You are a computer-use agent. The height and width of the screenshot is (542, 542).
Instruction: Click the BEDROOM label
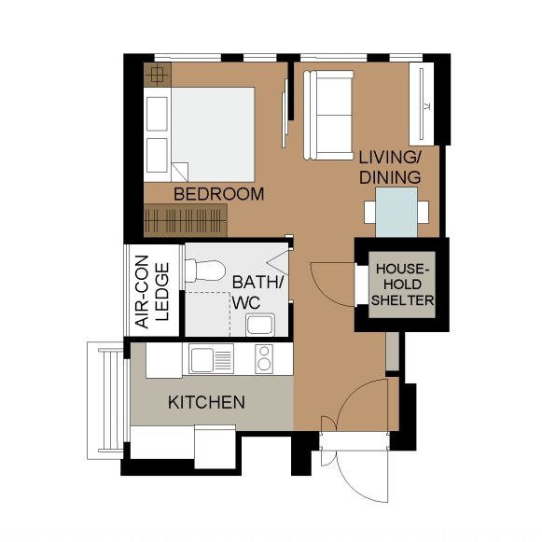click(219, 194)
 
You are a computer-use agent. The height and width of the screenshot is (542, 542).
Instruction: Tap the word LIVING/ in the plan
click(390, 158)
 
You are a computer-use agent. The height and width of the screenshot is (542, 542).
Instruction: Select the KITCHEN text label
click(207, 402)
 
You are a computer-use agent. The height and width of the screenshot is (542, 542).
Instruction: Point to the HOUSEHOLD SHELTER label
click(402, 285)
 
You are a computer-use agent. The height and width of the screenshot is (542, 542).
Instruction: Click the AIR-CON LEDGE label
click(152, 292)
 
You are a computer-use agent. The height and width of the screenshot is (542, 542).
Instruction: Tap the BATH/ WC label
click(257, 292)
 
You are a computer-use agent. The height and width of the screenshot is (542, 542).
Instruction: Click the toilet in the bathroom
click(205, 271)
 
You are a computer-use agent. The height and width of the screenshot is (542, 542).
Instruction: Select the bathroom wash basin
click(260, 325)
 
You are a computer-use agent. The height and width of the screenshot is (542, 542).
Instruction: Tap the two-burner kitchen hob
click(264, 359)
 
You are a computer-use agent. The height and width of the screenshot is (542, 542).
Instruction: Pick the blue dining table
click(396, 213)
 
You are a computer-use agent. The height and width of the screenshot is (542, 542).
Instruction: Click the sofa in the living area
click(328, 115)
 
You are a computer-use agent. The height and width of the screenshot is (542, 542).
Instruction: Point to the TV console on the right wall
click(422, 104)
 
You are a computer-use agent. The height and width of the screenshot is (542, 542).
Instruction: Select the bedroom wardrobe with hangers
click(186, 220)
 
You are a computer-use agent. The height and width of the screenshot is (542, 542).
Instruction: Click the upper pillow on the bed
click(158, 114)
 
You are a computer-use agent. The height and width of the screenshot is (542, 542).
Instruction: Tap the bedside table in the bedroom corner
click(158, 75)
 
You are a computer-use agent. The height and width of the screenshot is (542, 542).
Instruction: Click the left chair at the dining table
click(369, 213)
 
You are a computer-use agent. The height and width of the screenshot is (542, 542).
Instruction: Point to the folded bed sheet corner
click(180, 173)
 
